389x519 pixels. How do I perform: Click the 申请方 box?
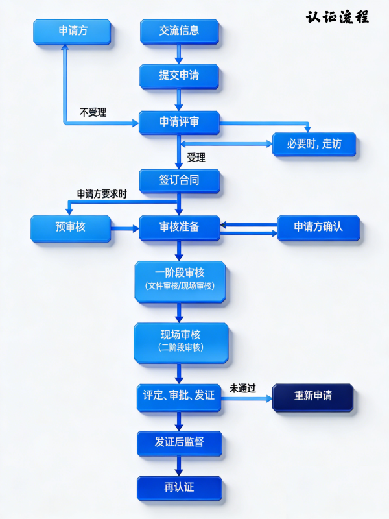tap(72, 31)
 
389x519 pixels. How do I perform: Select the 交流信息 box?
tap(180, 30)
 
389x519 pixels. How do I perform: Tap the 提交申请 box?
tap(180, 76)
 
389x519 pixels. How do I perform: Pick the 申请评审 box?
tap(180, 122)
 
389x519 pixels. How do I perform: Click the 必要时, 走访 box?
tap(314, 144)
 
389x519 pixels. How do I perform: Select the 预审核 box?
tap(71, 228)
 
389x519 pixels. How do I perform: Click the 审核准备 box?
tap(180, 228)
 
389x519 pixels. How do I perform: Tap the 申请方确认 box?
tap(318, 228)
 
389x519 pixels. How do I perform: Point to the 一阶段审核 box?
tap(180, 280)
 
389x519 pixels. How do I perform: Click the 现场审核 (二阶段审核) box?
tap(181, 341)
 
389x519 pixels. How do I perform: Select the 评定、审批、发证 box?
tap(179, 396)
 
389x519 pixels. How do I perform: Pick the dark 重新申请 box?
tap(313, 396)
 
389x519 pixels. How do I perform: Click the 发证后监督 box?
tap(180, 443)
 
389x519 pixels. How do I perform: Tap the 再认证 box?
tap(180, 487)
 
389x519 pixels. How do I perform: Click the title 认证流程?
tap(337, 17)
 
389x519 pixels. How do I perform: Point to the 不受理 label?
tap(93, 112)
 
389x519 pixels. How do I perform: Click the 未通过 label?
tap(242, 388)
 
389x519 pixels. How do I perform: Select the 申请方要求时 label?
tap(102, 194)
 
